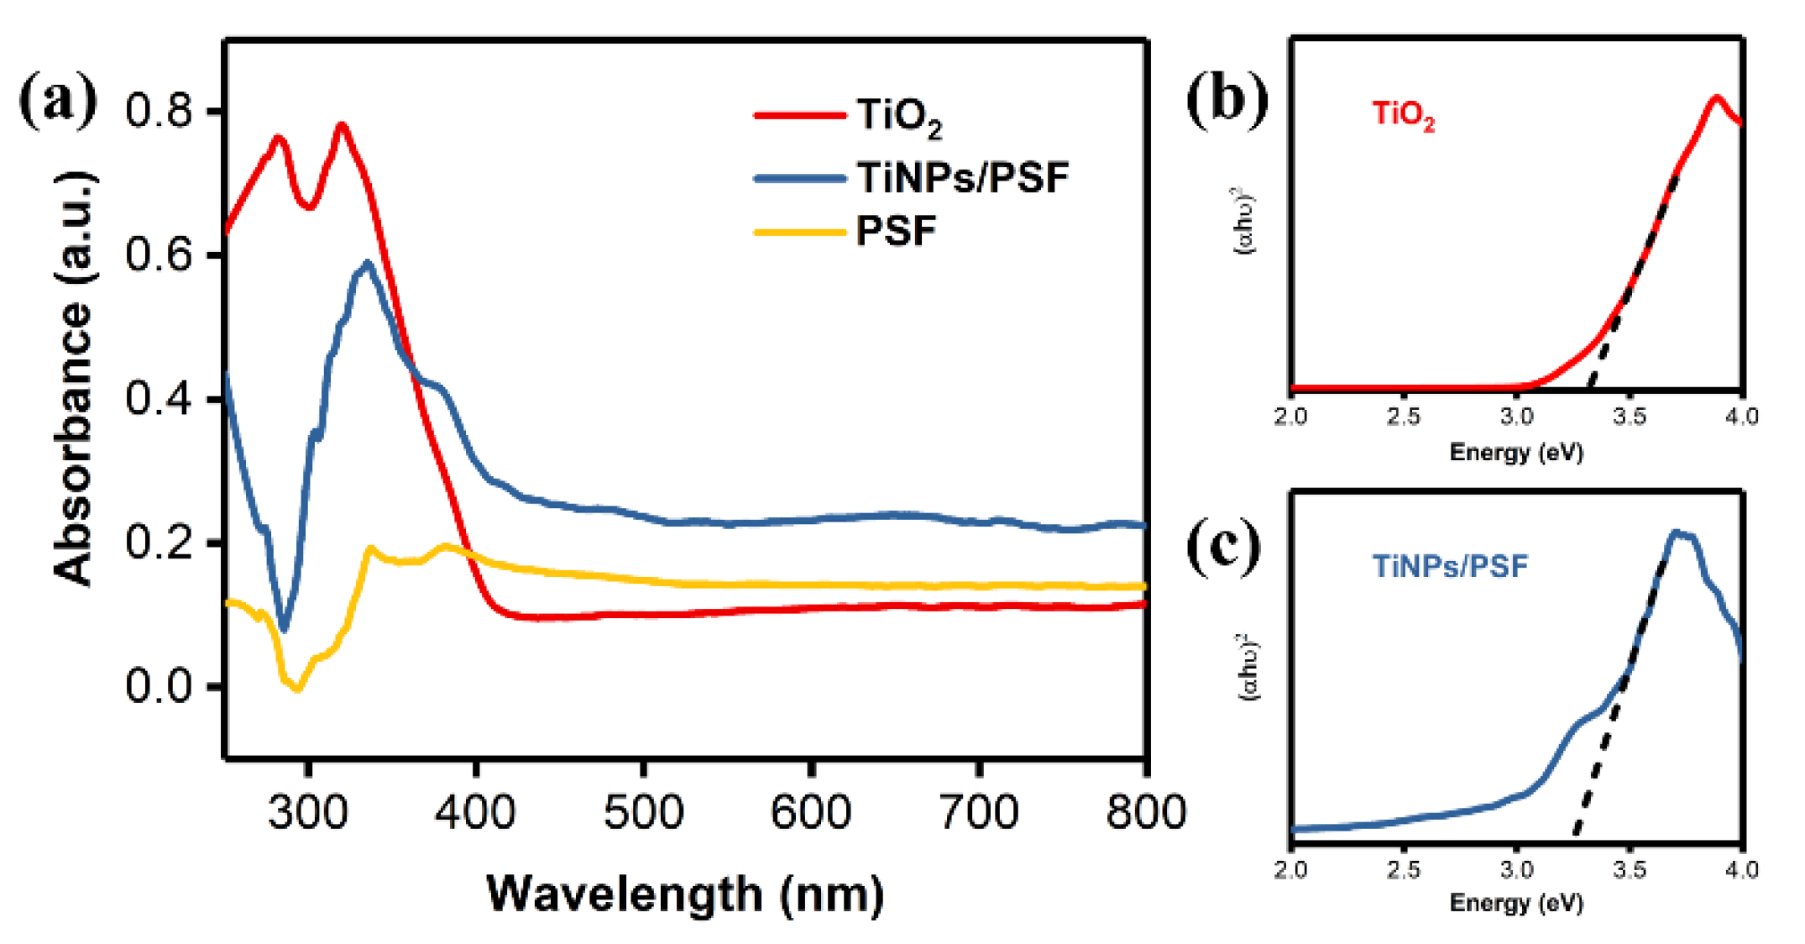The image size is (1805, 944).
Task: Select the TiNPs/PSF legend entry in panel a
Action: point(962,177)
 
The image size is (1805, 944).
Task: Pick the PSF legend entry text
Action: point(896,231)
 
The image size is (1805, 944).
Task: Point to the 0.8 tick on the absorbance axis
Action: point(160,111)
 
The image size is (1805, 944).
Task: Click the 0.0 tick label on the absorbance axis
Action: point(160,686)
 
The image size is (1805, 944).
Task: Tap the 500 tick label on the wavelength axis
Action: point(643,812)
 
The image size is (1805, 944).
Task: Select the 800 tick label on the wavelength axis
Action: point(1145,812)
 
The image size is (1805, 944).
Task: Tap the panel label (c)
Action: point(1223,546)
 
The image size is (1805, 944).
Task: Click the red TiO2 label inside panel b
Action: point(1403,115)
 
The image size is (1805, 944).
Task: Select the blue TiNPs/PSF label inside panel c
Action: point(1450,566)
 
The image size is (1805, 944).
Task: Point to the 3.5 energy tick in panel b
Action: point(1629,417)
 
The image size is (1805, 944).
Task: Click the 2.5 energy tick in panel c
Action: point(1403,869)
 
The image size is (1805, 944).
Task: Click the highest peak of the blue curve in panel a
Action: point(367,263)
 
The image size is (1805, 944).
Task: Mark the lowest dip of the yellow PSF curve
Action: point(297,690)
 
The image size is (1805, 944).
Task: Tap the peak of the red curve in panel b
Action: point(1717,98)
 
